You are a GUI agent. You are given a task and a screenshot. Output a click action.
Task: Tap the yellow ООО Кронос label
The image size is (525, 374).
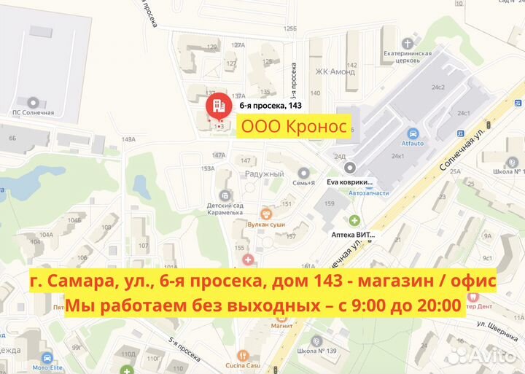294,126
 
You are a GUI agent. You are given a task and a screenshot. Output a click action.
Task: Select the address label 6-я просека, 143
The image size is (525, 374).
271,106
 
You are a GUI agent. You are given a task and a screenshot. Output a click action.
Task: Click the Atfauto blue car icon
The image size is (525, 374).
413,134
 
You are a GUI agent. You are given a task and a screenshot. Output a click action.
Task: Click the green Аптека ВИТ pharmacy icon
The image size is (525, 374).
354,220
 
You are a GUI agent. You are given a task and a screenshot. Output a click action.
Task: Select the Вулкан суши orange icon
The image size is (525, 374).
266,214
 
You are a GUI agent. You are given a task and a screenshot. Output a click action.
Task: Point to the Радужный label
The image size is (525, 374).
265,174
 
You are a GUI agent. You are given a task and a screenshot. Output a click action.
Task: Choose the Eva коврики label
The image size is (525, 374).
350,182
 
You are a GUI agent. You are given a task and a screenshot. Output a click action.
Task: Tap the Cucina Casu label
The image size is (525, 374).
267,366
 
